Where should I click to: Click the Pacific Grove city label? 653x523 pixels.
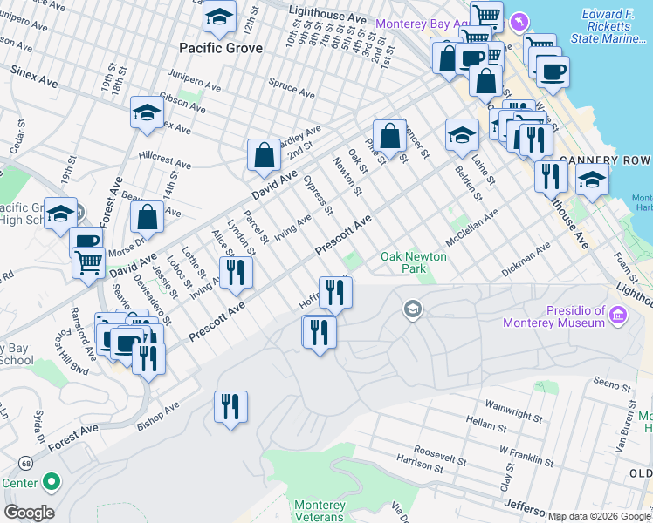coord(220,48)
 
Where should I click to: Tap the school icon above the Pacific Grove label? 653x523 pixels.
coord(220,17)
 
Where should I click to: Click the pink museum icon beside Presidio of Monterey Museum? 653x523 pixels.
coord(619,313)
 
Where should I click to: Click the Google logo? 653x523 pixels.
coord(30,513)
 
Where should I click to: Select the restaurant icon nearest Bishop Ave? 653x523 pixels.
coord(230,407)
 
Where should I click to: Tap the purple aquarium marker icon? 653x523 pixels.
coord(520,20)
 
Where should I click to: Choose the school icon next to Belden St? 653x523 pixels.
coord(462,135)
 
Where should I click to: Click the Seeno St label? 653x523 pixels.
coord(612,384)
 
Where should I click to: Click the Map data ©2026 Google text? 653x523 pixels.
coord(598,516)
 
